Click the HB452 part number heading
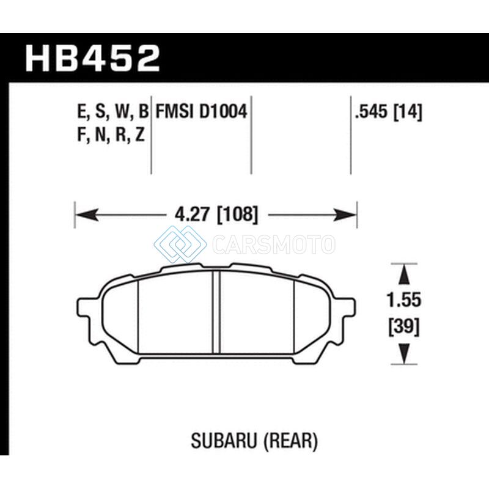93,58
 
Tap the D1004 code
223,111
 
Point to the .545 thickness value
372,112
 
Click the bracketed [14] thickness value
408,112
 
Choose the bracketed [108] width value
237,215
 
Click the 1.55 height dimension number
404,300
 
